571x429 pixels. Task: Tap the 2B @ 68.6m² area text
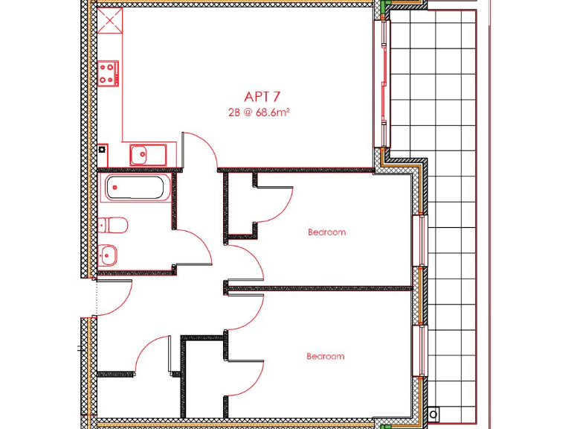tap(258, 113)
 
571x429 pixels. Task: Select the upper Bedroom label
tap(326, 232)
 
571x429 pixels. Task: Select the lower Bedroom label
tap(326, 357)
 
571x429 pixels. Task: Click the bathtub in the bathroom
tap(137, 188)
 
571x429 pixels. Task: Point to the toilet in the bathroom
tap(114, 225)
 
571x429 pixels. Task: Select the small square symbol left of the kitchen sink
tap(102, 150)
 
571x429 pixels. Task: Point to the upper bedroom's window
tap(423, 239)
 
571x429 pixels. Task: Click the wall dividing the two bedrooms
tap(320, 287)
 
